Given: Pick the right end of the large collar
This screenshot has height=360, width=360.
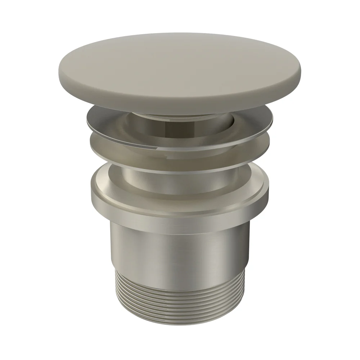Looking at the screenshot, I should (x=269, y=194).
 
